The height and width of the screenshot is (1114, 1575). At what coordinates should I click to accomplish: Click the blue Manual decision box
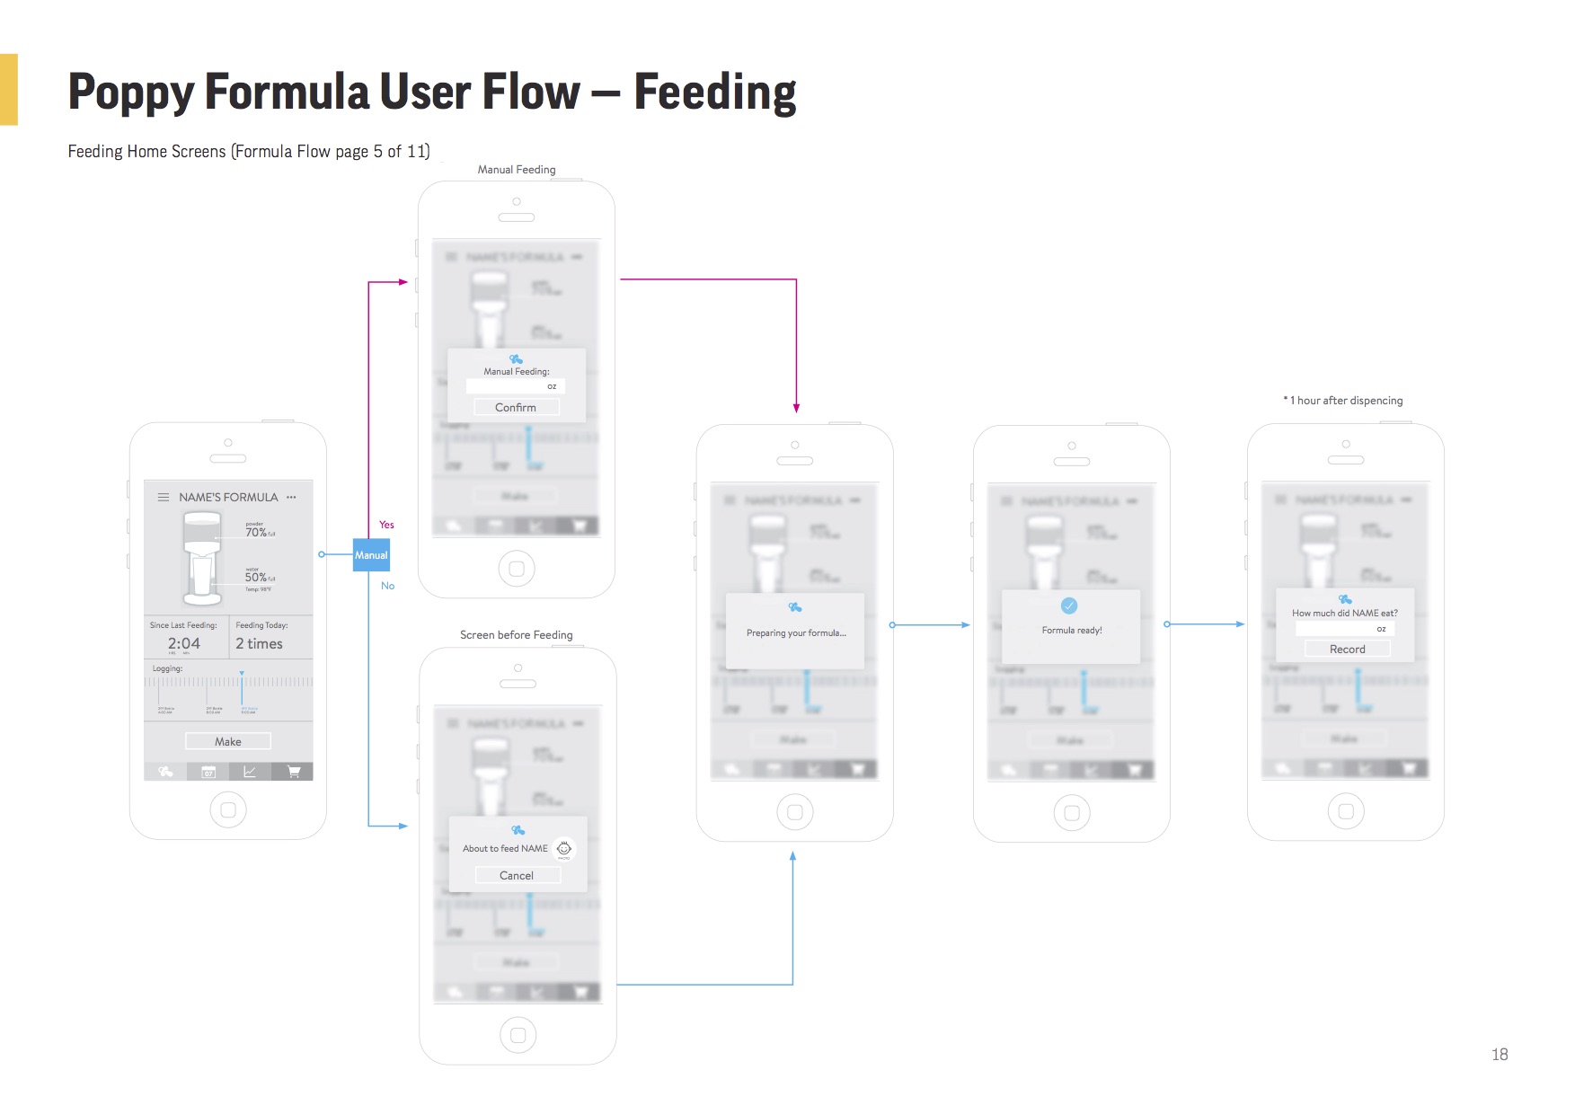click(371, 555)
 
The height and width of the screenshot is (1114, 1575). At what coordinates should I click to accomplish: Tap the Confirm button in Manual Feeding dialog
click(516, 408)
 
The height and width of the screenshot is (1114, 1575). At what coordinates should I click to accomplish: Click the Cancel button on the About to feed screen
click(517, 876)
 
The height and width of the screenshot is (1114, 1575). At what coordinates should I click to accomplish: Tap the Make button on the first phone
click(228, 741)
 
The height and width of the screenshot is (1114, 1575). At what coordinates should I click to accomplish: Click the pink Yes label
click(386, 525)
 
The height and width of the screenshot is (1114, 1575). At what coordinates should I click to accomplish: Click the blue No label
click(387, 586)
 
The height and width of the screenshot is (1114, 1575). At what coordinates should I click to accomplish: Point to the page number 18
click(1500, 1055)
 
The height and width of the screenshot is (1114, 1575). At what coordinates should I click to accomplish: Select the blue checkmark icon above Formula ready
click(1069, 606)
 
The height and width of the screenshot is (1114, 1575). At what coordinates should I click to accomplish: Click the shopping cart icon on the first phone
click(293, 772)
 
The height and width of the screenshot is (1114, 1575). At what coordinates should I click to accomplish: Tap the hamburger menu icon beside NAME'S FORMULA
click(164, 497)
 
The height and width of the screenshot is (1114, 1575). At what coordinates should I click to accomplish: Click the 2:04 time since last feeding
click(184, 643)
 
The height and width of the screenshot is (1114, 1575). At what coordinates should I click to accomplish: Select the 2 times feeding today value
click(259, 643)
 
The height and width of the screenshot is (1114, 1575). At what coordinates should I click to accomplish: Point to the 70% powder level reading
click(256, 533)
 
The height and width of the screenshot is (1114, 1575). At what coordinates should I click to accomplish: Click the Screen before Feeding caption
click(516, 635)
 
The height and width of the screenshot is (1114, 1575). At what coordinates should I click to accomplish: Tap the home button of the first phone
click(228, 809)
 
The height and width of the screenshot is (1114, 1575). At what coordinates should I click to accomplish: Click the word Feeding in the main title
click(715, 92)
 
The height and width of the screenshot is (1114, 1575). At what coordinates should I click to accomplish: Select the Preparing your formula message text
click(796, 633)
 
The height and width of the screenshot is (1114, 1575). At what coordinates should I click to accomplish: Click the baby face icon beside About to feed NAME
click(564, 848)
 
